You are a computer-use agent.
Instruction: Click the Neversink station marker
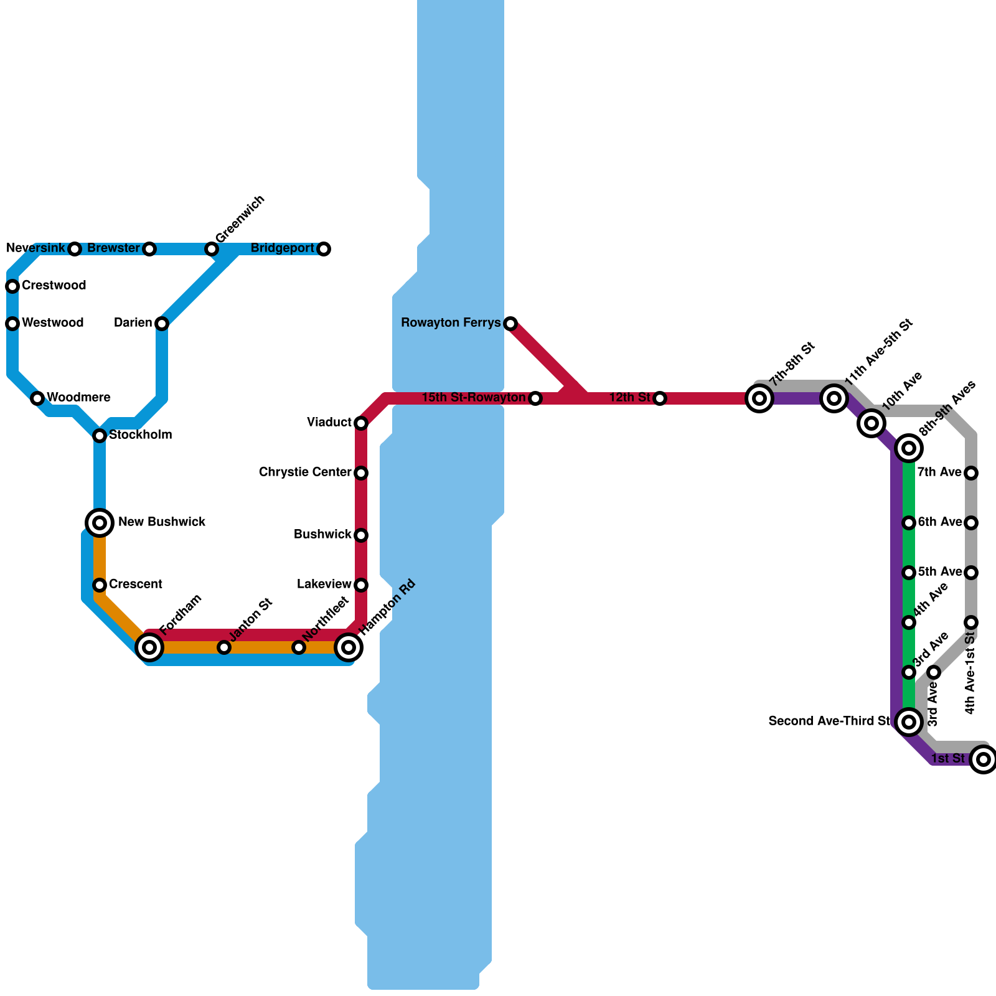(75, 249)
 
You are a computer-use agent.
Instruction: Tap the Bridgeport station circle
(324, 249)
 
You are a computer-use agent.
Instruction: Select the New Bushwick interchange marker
(100, 522)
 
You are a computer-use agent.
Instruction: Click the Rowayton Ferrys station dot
(510, 323)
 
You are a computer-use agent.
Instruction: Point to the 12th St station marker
(660, 398)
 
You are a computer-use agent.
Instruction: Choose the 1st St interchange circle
(984, 759)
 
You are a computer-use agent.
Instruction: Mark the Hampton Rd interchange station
(349, 647)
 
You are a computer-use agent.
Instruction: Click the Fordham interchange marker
(149, 647)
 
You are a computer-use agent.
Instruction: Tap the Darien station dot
(162, 323)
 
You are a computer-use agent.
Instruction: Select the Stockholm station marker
(100, 435)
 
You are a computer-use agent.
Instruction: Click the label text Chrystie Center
(305, 472)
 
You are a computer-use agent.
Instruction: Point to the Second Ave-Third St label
(829, 721)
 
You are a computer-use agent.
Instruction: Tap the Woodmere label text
(78, 398)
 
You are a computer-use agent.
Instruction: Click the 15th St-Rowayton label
(473, 398)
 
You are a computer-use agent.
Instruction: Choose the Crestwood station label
(54, 286)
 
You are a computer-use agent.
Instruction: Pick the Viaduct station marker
(361, 423)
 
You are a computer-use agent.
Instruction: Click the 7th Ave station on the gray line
(971, 473)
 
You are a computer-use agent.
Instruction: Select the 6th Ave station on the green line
(909, 522)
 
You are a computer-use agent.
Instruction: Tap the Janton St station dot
(224, 647)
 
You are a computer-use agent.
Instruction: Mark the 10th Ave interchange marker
(872, 423)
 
